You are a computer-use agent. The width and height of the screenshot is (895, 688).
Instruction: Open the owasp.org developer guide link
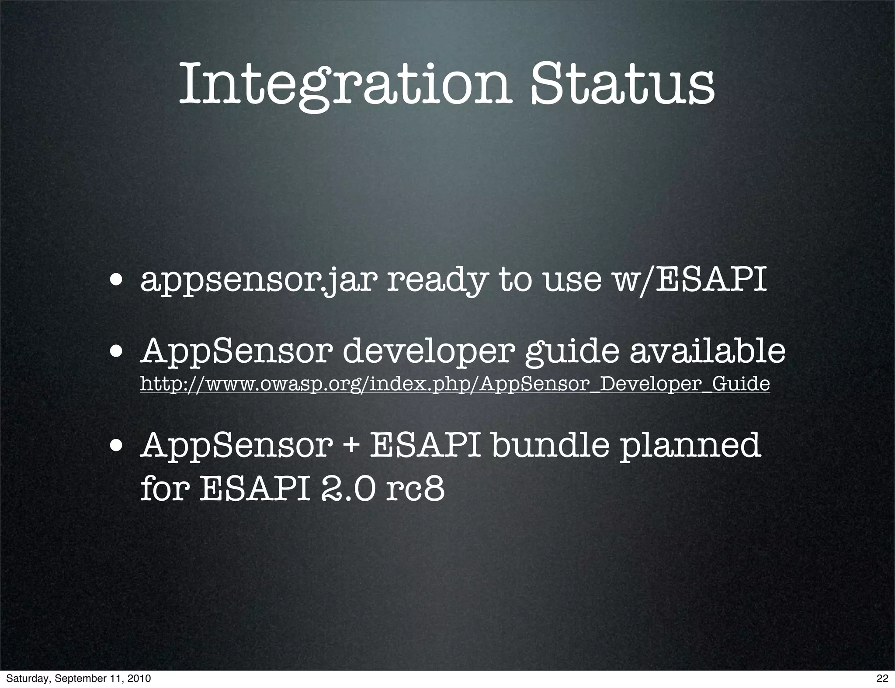[454, 384]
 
